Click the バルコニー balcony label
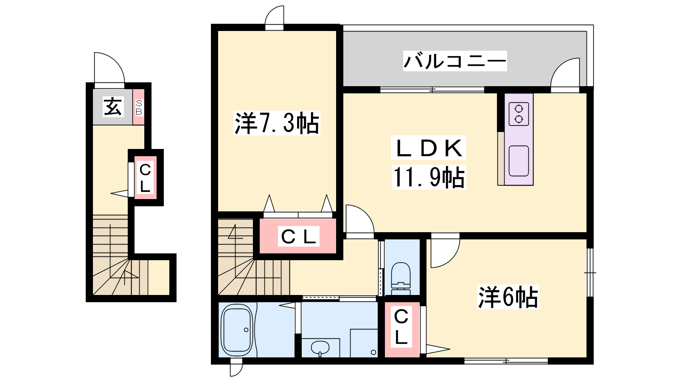pos(455,61)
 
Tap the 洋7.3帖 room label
pos(277,123)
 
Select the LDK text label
pos(428,148)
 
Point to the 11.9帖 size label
pos(429,177)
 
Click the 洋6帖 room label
pos(508,297)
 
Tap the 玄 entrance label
pos(113,107)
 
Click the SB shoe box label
pos(139,107)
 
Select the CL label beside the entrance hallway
pos(145,178)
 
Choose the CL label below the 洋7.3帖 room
pos(299,237)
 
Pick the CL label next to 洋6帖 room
pos(401,326)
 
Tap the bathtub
pos(237,330)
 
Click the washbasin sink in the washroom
pos(320,348)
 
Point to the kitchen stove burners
pos(519,114)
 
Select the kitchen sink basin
pos(519,161)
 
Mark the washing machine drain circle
pos(373,352)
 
